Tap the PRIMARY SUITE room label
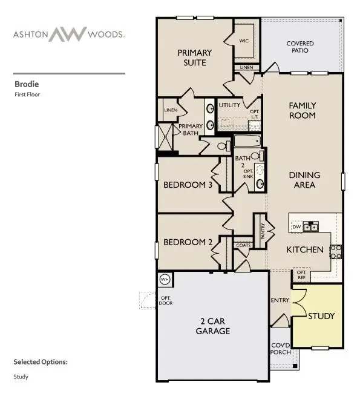tap(192, 58)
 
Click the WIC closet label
tap(244, 41)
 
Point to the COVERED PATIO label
tap(300, 47)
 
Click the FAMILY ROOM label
tap(303, 110)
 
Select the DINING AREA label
tap(304, 180)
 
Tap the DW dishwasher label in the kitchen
tap(296, 227)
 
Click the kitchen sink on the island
tap(311, 227)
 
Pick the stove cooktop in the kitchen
tap(336, 251)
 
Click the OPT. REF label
tap(301, 275)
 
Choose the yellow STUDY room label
tap(321, 316)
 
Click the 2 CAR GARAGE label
tap(212, 326)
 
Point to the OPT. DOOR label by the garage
tap(165, 300)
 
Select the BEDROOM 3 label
tap(188, 185)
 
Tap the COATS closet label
tap(243, 245)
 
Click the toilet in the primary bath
tap(223, 146)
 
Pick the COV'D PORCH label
tap(280, 348)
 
